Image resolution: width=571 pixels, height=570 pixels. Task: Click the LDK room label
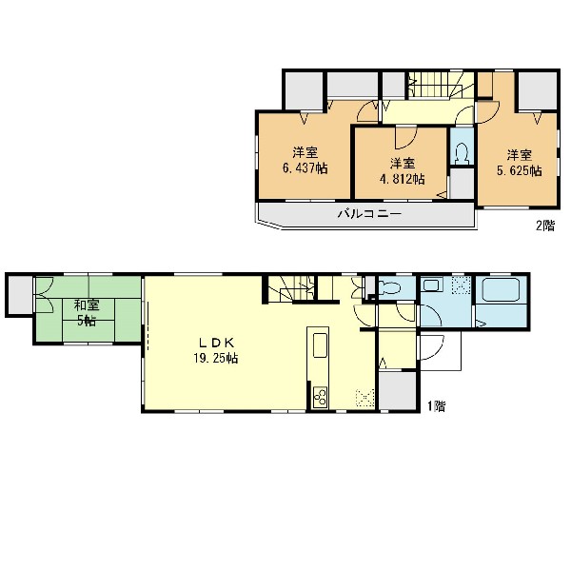(216, 343)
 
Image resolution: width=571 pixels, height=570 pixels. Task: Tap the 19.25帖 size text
(216, 359)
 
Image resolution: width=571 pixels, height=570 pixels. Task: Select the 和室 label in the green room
(87, 305)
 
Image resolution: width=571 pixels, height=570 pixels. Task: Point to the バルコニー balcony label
(369, 213)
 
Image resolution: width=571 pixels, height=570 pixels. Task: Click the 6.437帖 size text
(305, 167)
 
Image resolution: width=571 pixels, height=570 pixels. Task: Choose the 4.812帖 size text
(402, 179)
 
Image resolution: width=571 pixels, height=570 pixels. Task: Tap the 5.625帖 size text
(520, 171)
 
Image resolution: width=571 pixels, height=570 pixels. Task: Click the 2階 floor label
(544, 226)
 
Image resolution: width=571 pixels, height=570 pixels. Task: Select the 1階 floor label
(436, 405)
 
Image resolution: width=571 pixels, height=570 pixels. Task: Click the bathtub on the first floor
(502, 290)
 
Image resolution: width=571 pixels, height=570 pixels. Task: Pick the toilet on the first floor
(390, 288)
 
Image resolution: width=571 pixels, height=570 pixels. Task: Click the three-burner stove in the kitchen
(321, 396)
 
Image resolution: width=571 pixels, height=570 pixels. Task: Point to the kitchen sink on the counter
(321, 345)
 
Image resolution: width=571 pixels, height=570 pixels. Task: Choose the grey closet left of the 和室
(20, 294)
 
